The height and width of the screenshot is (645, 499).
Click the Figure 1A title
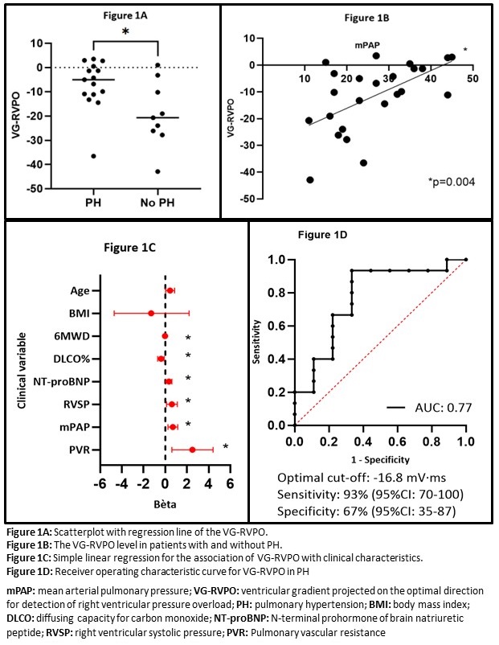(109, 15)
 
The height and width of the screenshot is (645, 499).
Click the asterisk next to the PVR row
(226, 447)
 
